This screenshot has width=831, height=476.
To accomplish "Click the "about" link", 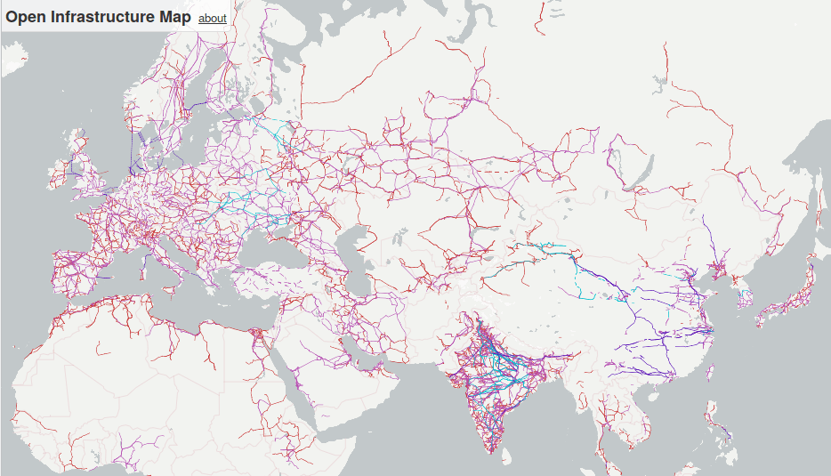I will point(212,18).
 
